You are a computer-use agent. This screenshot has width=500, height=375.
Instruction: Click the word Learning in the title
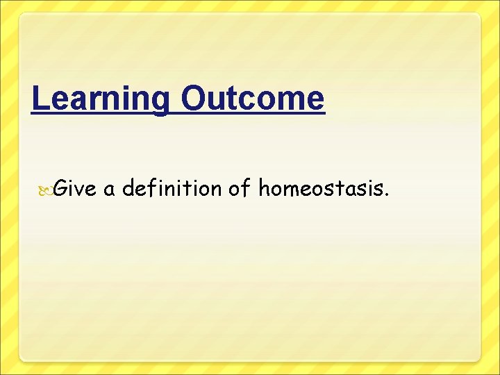coord(100,99)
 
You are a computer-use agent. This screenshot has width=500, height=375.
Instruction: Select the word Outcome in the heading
coord(252,99)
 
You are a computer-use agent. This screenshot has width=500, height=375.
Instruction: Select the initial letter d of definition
coord(128,187)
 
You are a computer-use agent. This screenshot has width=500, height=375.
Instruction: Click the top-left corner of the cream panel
coord(19,13)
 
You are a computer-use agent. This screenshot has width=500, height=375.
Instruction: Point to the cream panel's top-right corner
coord(481,13)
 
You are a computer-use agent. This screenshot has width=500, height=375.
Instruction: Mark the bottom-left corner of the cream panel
coord(19,361)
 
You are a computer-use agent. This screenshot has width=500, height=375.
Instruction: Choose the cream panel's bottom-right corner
coord(481,361)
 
